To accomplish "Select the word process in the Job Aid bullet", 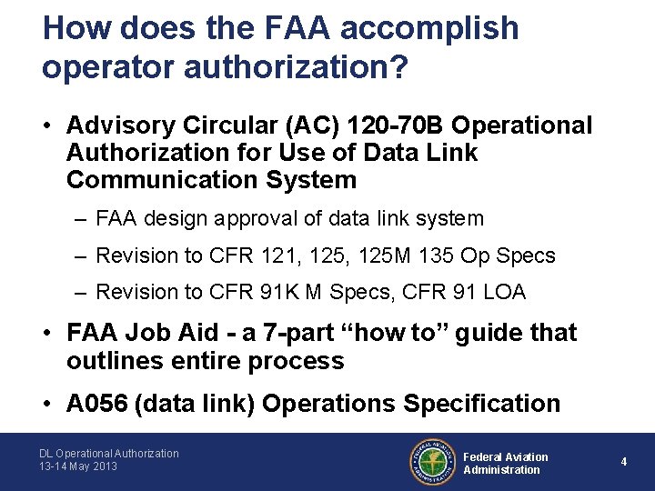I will coord(299,361).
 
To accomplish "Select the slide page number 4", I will coord(624,462).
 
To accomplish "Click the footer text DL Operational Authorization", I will coord(108,453).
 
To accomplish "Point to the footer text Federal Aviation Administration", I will coord(506,463).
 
